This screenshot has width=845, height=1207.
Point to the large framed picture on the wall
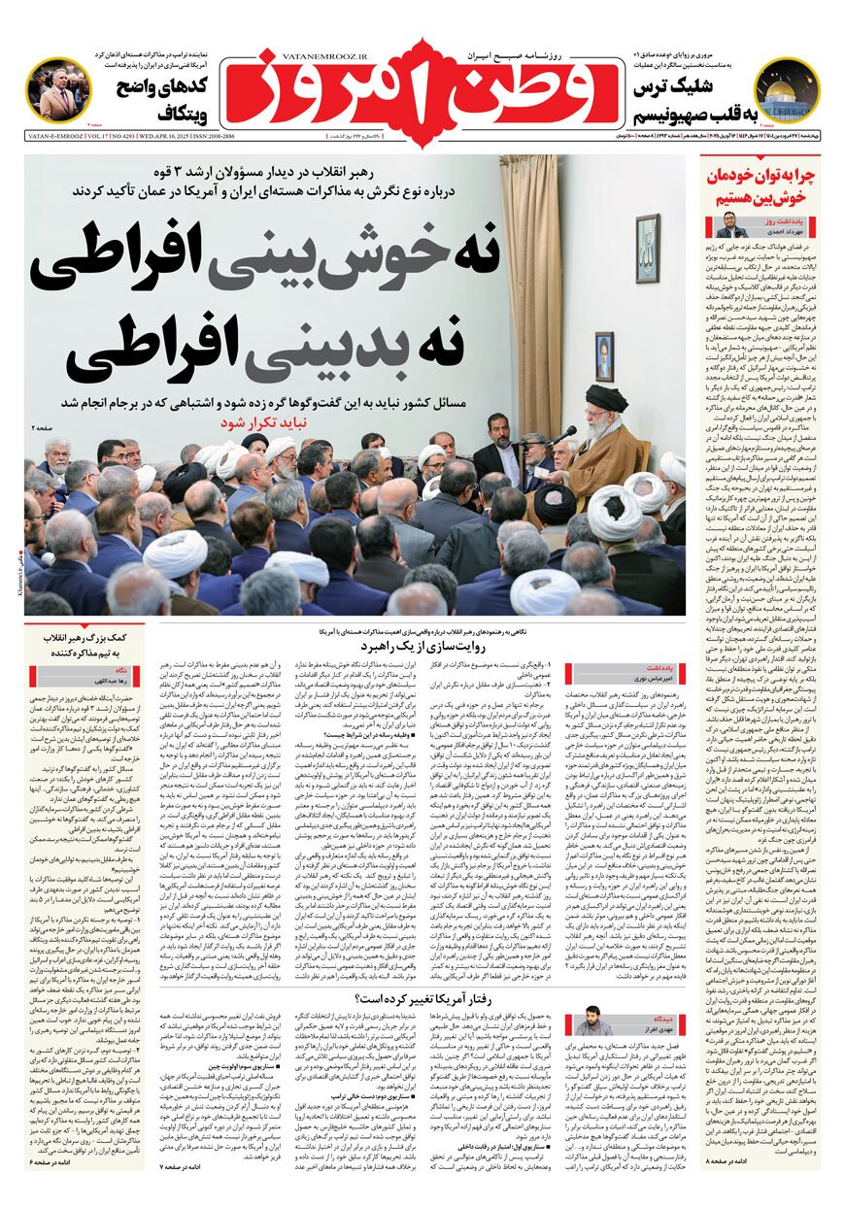click(646, 249)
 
